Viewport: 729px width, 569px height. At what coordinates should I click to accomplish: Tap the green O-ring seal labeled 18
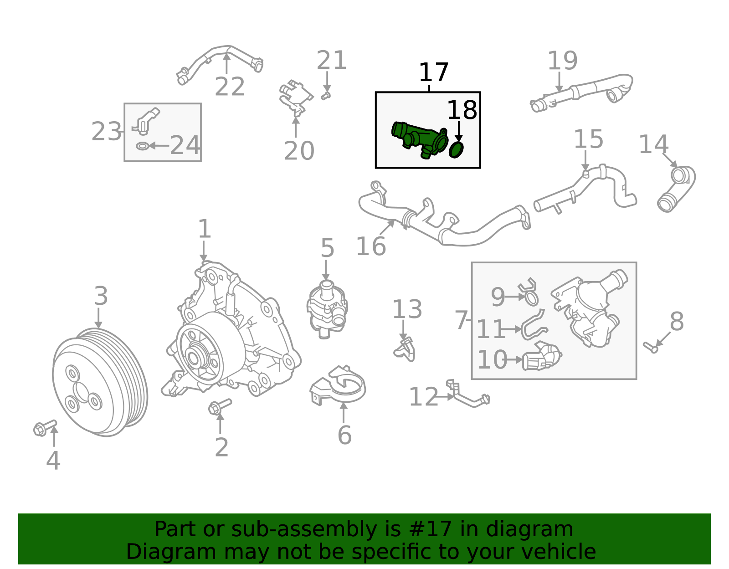(x=456, y=149)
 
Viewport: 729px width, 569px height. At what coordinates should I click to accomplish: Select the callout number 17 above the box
(x=433, y=72)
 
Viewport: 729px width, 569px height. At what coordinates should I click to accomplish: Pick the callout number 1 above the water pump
(x=205, y=229)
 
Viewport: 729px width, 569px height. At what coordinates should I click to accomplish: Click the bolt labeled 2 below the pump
(x=220, y=405)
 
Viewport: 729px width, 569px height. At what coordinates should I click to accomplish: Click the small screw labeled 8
(x=651, y=347)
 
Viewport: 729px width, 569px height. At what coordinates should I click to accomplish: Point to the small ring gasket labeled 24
(x=143, y=146)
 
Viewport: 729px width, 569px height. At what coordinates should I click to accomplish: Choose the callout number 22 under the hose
(x=230, y=87)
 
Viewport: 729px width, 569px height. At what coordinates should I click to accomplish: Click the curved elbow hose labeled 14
(x=677, y=189)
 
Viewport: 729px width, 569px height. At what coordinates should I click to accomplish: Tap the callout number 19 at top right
(x=562, y=61)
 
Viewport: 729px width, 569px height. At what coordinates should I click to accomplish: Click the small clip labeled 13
(x=405, y=349)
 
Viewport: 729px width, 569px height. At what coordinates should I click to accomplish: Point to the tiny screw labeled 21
(x=325, y=96)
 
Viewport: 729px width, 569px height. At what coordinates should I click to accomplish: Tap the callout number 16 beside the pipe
(x=371, y=246)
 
